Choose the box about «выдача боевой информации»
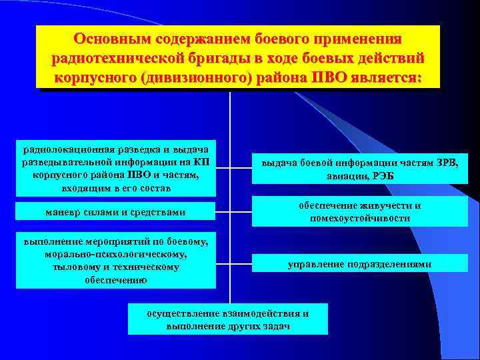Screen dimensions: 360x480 (360, 168)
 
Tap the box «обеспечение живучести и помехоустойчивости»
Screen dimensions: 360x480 (360, 212)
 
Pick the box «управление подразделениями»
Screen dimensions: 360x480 (360, 265)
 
